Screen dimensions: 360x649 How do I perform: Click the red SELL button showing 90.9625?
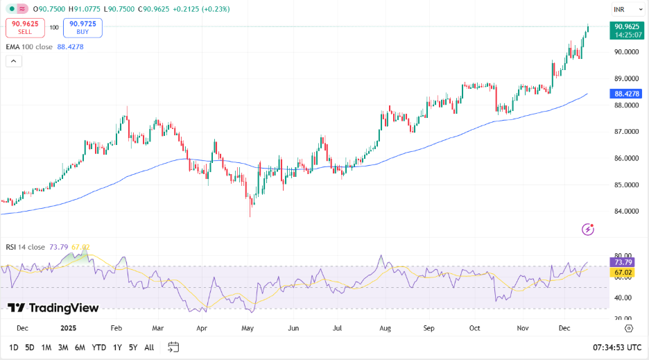(25, 28)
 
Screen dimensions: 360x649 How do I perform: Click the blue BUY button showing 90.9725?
(83, 28)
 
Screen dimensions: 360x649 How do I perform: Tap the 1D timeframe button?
(14, 347)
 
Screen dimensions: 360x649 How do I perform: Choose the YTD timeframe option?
(98, 347)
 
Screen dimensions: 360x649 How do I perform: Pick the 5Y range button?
(132, 347)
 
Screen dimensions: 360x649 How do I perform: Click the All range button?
(149, 347)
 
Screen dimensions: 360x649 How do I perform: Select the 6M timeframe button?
(80, 347)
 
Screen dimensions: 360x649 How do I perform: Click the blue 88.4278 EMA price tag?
(626, 94)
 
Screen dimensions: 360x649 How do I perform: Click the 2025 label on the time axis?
(69, 327)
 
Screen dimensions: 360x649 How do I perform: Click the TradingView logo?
(53, 308)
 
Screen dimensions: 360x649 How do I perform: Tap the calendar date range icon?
(173, 347)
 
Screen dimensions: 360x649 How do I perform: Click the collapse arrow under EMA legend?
(14, 61)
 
